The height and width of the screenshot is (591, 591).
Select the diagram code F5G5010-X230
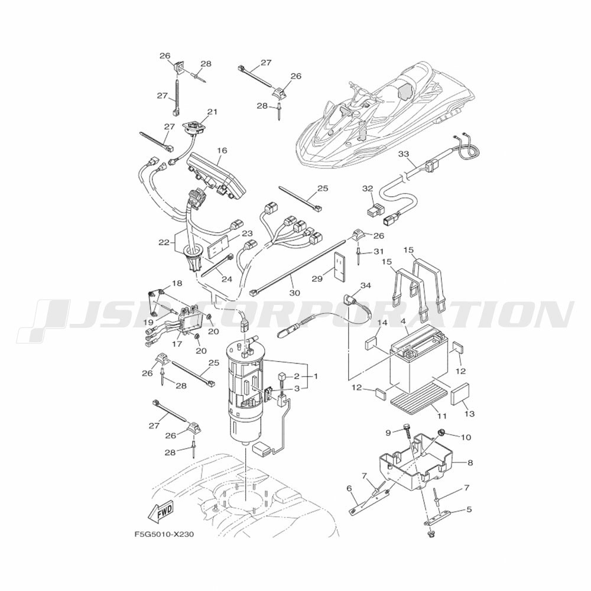point(164,534)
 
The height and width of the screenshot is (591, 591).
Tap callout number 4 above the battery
point(403,322)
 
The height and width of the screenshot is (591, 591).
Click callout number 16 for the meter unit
point(222,151)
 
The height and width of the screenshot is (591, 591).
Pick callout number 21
point(213,112)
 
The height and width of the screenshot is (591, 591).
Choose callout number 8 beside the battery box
point(470,463)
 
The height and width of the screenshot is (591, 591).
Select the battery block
point(418,361)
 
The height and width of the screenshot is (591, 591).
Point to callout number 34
point(366,286)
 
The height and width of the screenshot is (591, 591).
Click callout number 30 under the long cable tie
point(295,293)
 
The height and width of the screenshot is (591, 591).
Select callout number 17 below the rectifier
point(177,344)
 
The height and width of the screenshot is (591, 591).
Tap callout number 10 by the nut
point(466,437)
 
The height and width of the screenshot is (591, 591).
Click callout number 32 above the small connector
point(368,189)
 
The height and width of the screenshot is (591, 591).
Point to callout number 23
point(248,234)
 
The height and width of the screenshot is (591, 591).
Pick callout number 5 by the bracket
point(469,510)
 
